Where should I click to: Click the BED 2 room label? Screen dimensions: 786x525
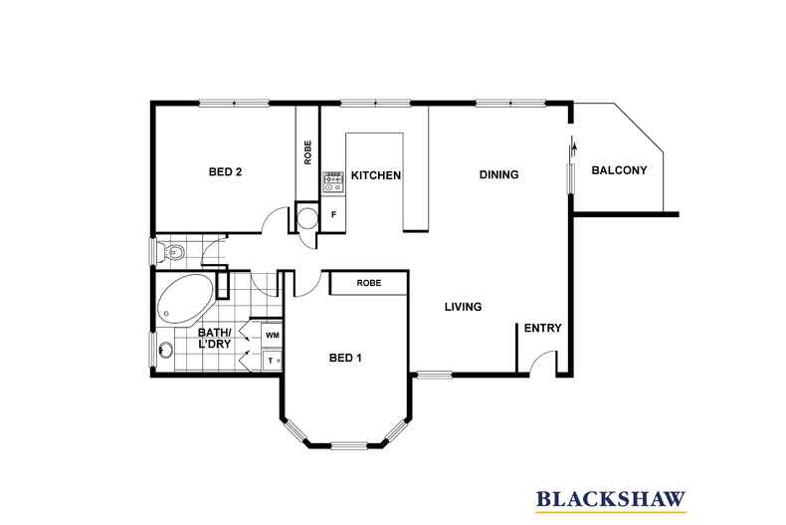pos(225,171)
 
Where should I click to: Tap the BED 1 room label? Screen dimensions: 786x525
pos(345,358)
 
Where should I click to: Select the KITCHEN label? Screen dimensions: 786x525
pos(376,175)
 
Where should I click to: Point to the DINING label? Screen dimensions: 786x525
pos(498,174)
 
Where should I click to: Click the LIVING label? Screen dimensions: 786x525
pos(464,306)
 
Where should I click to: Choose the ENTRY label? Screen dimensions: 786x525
pos(543,328)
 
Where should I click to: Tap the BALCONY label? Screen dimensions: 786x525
pos(619,170)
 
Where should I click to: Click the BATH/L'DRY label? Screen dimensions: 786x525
pos(215,339)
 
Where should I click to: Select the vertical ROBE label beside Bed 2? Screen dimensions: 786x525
pos(307,152)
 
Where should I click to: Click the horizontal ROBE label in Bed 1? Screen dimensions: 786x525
pos(369,283)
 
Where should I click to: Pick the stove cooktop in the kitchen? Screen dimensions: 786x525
pos(333,182)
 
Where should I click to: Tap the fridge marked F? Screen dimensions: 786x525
pos(333,214)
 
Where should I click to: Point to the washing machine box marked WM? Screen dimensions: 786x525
pos(273,336)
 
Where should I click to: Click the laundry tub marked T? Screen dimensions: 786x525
pos(273,361)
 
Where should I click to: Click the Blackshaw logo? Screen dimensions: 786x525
pos(611,499)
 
